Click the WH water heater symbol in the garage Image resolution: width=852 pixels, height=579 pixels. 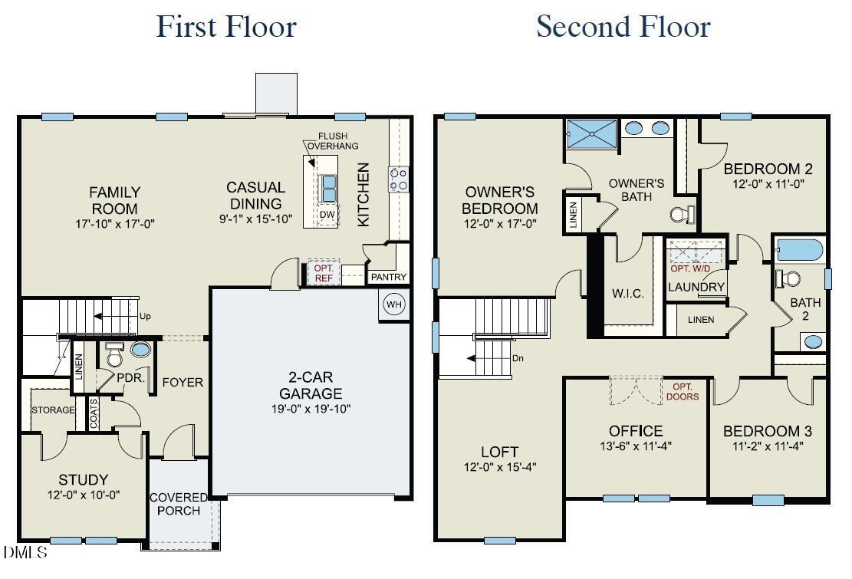click(393, 304)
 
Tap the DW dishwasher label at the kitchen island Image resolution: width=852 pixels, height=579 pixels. click(327, 215)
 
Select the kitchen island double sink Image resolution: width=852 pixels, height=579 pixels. click(327, 186)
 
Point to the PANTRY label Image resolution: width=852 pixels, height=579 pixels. click(389, 277)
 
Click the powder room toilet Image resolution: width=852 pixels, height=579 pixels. click(115, 356)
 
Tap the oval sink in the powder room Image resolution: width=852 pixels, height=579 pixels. click(141, 350)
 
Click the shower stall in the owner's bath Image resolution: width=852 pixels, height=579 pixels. click(591, 134)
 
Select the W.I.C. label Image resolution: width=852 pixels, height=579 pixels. click(628, 294)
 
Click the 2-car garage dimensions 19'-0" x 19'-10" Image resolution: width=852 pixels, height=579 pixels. click(305, 409)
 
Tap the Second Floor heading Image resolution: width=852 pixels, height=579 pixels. click(623, 27)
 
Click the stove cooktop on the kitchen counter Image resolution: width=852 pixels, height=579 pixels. click(398, 179)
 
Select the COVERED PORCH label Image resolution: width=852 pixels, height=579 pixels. click(179, 504)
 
